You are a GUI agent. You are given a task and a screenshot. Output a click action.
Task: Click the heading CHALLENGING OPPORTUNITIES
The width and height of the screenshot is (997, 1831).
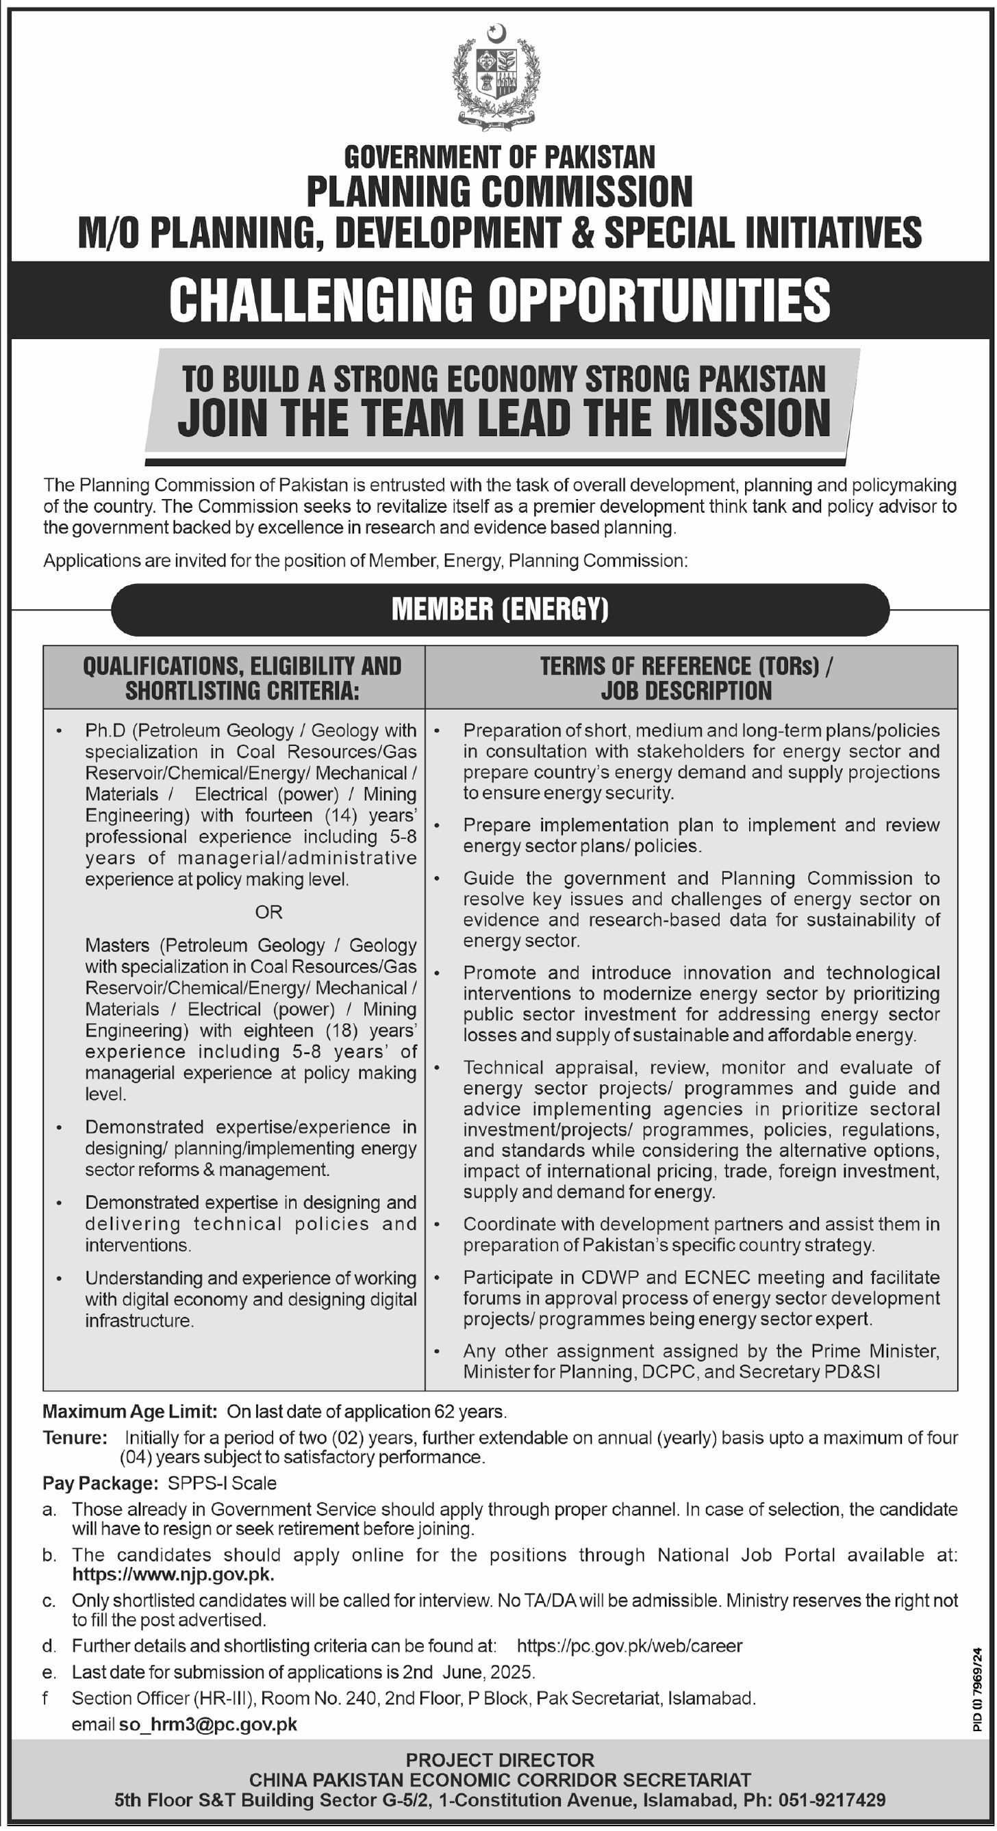499,299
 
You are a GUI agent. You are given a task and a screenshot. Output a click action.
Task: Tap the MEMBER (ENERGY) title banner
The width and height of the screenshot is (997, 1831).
500,609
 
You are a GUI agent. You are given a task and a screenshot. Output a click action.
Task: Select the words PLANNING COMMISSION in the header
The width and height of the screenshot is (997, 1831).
499,192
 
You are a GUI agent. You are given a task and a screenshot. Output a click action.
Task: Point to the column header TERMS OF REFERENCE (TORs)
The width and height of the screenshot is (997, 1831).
685,666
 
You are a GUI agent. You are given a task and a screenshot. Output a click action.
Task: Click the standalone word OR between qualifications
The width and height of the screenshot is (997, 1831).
268,912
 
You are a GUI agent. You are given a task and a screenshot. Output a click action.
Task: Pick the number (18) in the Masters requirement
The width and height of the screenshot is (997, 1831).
349,1030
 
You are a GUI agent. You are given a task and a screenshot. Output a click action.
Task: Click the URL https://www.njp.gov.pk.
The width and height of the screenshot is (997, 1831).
173,1574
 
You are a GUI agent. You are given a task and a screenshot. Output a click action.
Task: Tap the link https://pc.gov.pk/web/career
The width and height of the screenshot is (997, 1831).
629,1645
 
